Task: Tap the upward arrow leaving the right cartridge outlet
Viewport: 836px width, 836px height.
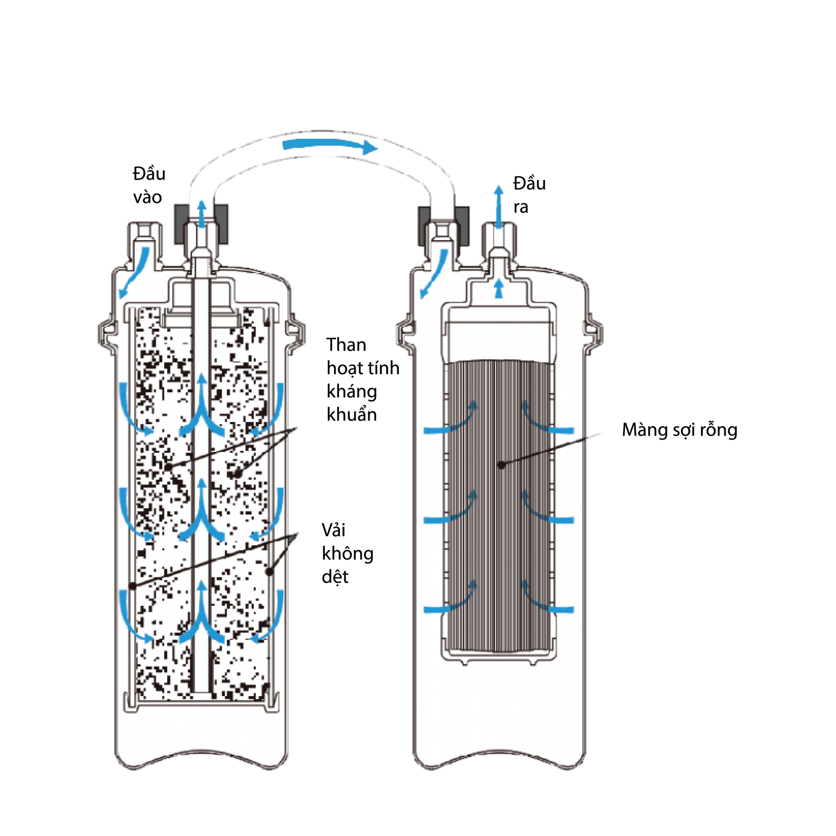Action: [499, 206]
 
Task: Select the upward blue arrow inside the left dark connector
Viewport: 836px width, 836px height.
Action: [202, 213]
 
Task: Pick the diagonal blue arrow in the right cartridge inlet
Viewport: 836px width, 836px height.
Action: [434, 273]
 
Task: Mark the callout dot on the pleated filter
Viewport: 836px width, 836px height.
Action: [501, 464]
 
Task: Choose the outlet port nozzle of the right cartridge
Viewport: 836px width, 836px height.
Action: [499, 237]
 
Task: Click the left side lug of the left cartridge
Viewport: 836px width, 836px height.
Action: [106, 334]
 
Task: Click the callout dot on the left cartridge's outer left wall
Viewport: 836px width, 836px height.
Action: [132, 586]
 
